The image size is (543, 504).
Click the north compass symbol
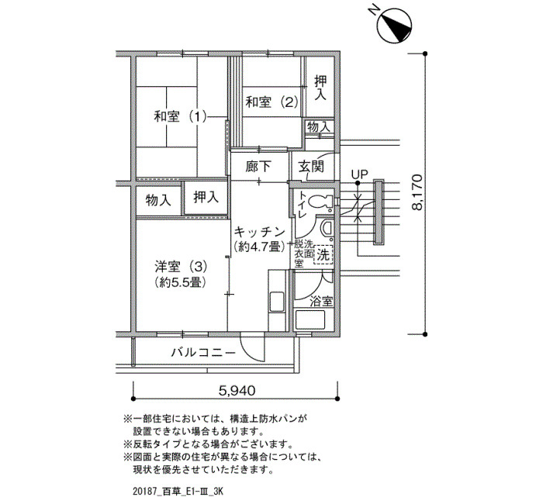pyautogui.click(x=395, y=26)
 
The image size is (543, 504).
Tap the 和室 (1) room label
pyautogui.click(x=181, y=116)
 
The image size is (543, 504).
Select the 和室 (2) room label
pyautogui.click(x=271, y=102)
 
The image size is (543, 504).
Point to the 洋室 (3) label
pyautogui.click(x=181, y=267)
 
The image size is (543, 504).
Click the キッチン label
pyautogui.click(x=260, y=231)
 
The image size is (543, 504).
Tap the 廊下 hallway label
pyautogui.click(x=258, y=167)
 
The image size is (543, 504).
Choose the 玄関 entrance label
pyautogui.click(x=311, y=167)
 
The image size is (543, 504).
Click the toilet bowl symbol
pyautogui.click(x=320, y=202)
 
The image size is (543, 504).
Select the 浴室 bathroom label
pyautogui.click(x=321, y=302)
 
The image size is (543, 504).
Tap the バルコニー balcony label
pyautogui.click(x=203, y=353)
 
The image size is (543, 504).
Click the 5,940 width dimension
pyautogui.click(x=237, y=391)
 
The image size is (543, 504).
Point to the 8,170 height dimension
pyautogui.click(x=417, y=192)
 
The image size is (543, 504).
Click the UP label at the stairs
pyautogui.click(x=359, y=174)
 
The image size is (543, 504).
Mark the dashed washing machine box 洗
pyautogui.click(x=323, y=255)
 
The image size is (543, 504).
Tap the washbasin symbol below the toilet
pyautogui.click(x=327, y=229)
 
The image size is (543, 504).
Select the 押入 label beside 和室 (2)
pyautogui.click(x=320, y=88)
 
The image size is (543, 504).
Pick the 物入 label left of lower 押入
pyautogui.click(x=158, y=200)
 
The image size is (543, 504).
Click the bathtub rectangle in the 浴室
pyautogui.click(x=310, y=320)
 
